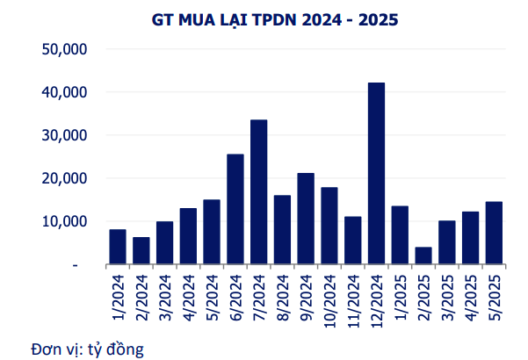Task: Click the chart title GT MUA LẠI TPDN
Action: click(263, 18)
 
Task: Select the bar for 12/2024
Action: click(376, 173)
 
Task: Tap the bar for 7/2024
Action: click(258, 191)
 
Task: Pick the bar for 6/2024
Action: click(235, 209)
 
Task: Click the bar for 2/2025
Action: click(423, 256)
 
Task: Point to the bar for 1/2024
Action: click(117, 247)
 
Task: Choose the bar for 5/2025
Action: click(494, 233)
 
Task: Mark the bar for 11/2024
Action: click(352, 240)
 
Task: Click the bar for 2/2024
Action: click(141, 250)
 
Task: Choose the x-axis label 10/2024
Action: click(329, 298)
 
